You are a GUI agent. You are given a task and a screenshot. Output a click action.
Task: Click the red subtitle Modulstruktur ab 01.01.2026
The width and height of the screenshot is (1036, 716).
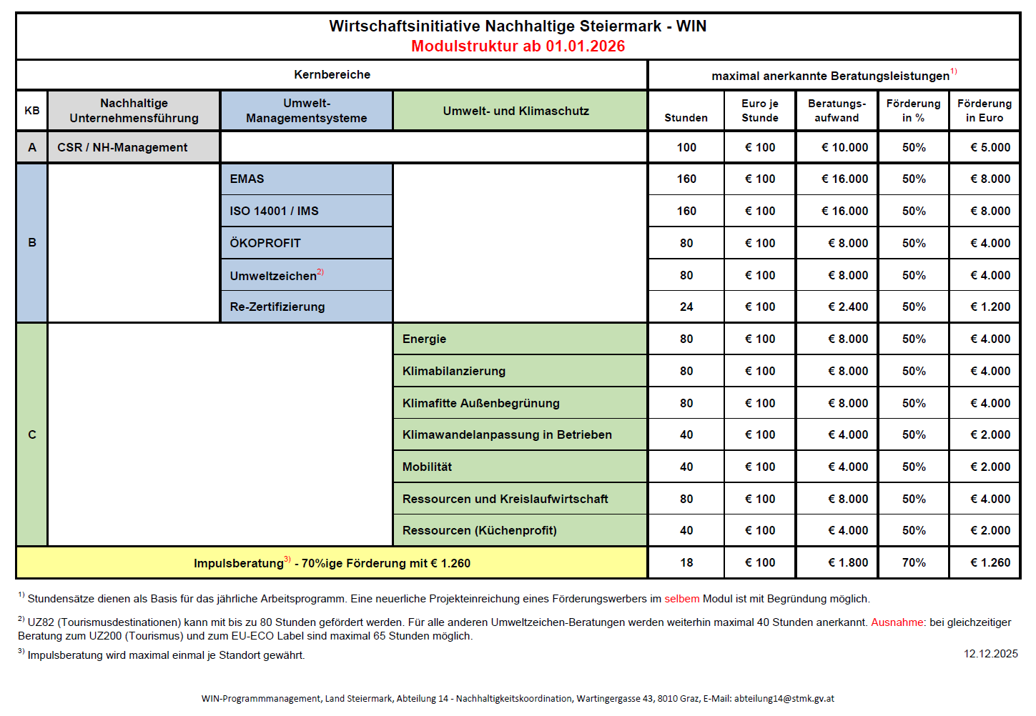[x=518, y=46]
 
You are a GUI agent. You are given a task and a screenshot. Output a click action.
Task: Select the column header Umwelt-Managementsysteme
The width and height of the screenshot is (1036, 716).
[x=306, y=111]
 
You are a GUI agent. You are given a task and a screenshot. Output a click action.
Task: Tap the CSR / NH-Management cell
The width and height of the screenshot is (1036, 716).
[x=122, y=147]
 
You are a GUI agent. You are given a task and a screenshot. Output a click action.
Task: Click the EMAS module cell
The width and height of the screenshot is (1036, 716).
[x=306, y=179]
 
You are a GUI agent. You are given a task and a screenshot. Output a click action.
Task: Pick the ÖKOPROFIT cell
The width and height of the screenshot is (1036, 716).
[x=306, y=243]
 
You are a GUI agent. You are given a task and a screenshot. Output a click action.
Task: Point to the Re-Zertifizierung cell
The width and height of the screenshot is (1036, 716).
[x=306, y=307]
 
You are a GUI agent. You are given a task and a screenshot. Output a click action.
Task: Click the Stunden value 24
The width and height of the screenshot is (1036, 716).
[x=686, y=307]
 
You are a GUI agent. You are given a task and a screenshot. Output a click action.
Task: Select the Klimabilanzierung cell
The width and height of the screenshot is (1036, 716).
[x=520, y=371]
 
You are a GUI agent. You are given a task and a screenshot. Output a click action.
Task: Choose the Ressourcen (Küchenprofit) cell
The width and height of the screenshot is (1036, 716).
[x=520, y=530]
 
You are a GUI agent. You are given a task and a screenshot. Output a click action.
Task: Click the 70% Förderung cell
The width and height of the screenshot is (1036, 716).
[x=914, y=562]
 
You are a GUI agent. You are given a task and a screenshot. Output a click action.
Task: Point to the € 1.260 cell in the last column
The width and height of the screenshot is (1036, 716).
[x=990, y=562]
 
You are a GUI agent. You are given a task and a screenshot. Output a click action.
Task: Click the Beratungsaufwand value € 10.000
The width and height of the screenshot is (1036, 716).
[x=844, y=147]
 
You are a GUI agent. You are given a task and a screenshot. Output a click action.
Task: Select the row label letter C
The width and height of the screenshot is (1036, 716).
[x=32, y=434]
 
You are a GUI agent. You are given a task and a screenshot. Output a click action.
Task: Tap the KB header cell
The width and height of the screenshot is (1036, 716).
[x=32, y=111]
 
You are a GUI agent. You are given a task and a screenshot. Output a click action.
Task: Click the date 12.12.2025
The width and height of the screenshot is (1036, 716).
[x=990, y=653]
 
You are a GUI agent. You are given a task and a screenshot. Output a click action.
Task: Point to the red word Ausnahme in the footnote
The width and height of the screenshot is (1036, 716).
[x=897, y=622]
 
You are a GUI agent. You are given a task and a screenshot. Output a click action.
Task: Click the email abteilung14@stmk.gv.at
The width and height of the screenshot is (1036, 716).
[x=784, y=698]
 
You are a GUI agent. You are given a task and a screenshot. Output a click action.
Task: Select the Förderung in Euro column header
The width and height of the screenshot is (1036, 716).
[x=985, y=111]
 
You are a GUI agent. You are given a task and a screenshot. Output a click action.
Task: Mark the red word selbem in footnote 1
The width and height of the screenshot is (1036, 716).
[x=681, y=599]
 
